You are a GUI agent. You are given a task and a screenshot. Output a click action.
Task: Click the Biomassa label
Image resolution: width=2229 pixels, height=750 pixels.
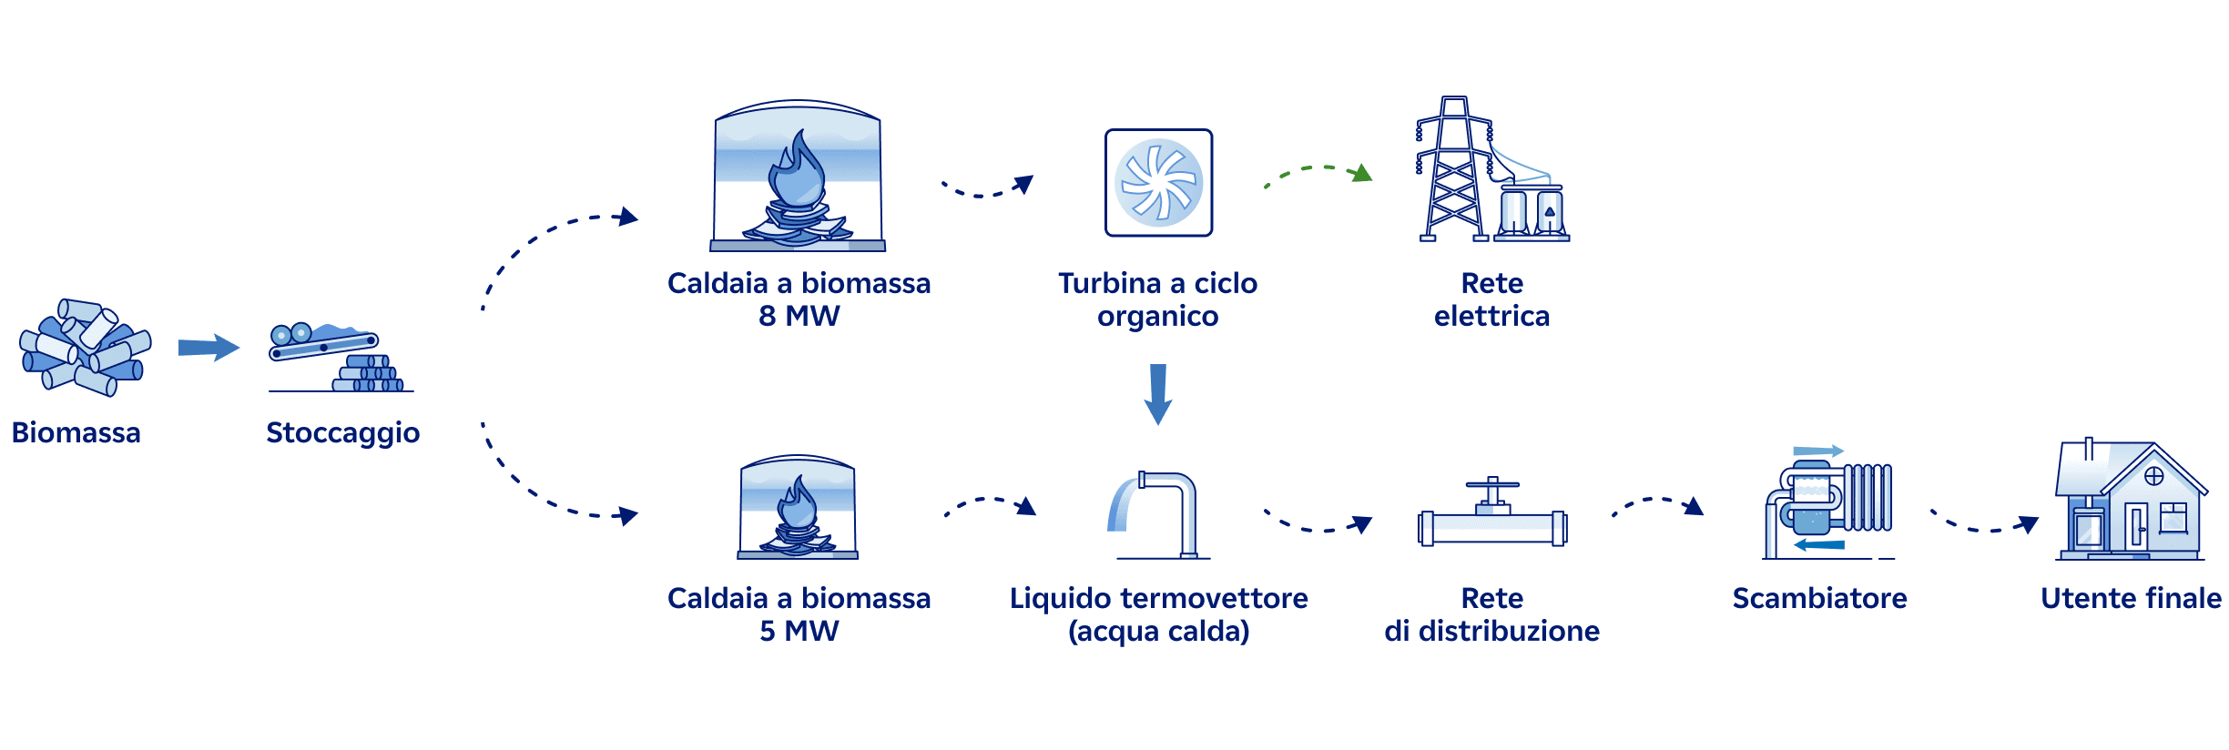[76, 432]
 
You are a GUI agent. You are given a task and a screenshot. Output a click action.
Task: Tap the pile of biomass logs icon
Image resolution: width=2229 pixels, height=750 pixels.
[85, 348]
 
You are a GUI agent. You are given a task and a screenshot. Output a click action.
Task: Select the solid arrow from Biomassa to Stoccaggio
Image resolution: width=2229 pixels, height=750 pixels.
[209, 347]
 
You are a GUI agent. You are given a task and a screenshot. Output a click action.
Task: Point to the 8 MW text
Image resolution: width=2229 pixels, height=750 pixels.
[799, 316]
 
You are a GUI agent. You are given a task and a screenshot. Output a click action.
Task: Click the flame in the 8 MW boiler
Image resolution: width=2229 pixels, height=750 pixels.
[798, 173]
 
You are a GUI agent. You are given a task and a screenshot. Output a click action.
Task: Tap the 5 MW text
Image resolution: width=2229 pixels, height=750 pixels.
[799, 631]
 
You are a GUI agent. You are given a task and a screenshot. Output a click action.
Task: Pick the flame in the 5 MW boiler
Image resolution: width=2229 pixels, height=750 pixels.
[799, 505]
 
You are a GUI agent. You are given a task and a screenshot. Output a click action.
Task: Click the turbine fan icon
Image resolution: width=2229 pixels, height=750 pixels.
[1158, 183]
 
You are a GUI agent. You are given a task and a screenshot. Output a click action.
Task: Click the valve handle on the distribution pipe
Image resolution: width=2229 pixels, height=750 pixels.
[1491, 485]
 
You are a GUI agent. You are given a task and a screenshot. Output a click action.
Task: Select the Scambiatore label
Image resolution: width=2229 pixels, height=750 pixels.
[1819, 598]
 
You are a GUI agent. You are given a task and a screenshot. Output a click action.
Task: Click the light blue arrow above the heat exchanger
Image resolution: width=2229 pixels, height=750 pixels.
[1817, 451]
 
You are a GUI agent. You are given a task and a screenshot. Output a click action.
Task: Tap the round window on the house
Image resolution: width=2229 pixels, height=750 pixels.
[2153, 476]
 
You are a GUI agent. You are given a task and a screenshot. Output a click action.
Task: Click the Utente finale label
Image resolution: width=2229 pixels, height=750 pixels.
[2131, 598]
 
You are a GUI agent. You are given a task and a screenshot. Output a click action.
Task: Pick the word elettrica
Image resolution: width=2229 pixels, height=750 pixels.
[1491, 316]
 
